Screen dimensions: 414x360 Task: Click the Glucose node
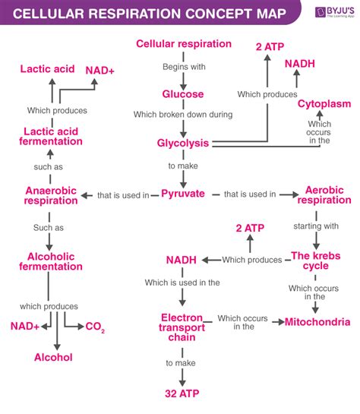(182, 94)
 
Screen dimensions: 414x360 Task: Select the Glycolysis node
(182, 143)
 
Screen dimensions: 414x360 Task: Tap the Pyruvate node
(183, 194)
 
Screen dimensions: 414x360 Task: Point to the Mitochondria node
(317, 322)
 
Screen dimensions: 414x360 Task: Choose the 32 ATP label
(182, 393)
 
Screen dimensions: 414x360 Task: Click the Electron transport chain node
(182, 326)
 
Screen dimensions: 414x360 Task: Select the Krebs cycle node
(310, 261)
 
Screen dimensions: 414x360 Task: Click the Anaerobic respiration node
(52, 194)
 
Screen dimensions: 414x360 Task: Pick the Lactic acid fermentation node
(52, 137)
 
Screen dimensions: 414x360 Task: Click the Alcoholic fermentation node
(52, 261)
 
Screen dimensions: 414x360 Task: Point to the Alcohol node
(53, 356)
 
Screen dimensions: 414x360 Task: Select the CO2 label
(95, 327)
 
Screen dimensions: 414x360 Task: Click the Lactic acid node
(48, 69)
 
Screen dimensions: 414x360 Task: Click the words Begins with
(182, 67)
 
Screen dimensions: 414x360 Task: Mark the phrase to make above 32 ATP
(182, 362)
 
